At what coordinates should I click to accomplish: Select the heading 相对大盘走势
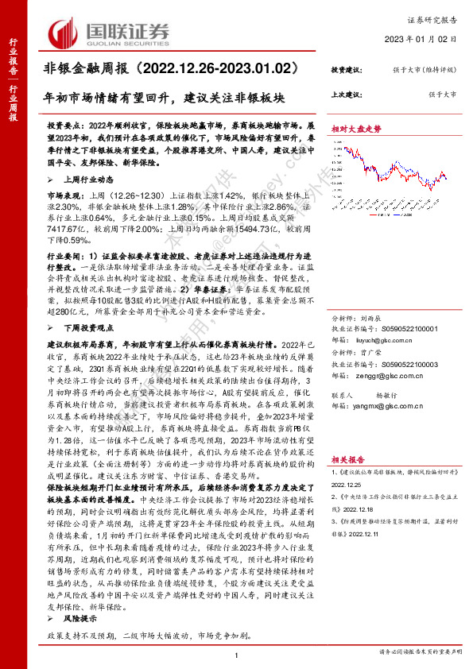click(x=356, y=128)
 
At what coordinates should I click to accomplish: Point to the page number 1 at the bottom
click(x=237, y=654)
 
